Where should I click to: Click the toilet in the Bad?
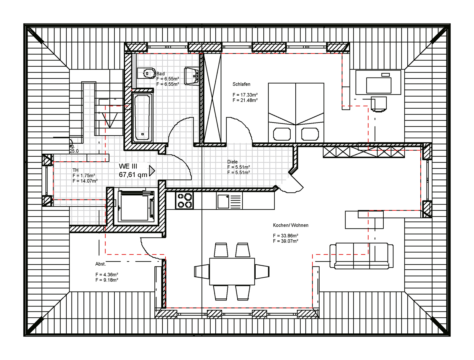149,73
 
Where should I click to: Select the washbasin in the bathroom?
192,76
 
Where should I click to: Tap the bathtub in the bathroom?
143,118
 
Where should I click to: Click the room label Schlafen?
241,84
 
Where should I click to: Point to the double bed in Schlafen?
296,112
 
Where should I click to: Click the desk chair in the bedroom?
379,105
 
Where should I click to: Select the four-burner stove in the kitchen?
184,200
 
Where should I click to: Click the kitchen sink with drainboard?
229,201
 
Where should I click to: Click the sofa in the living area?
361,256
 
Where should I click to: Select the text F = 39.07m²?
285,241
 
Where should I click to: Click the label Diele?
232,162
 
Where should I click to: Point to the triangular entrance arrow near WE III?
152,171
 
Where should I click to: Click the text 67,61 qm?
133,175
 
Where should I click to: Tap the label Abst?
100,264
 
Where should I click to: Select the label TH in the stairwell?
75,170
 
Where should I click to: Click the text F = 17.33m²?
245,95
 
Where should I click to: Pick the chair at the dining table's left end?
202,271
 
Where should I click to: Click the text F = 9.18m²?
107,280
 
